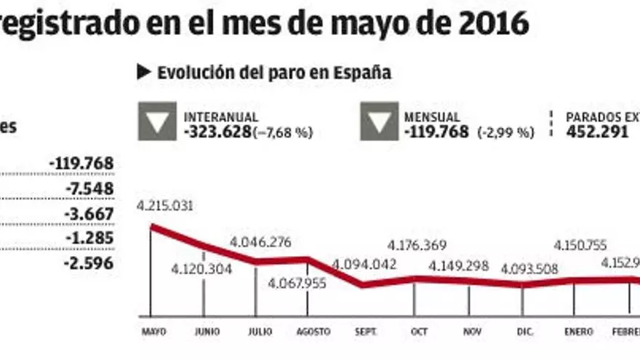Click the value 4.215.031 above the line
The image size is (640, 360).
tap(164, 206)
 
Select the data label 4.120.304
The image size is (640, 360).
tap(201, 270)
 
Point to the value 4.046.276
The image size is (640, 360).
tap(260, 241)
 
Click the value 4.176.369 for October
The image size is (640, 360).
tap(417, 245)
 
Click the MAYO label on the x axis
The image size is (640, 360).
tap(153, 332)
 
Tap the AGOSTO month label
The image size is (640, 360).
tap(313, 332)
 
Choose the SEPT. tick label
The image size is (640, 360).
tap(365, 332)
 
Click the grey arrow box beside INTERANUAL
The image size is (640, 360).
tap(157, 121)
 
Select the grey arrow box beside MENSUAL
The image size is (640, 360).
tap(379, 121)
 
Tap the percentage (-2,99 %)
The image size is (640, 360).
tap(505, 133)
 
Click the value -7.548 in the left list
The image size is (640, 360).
tap(89, 189)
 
